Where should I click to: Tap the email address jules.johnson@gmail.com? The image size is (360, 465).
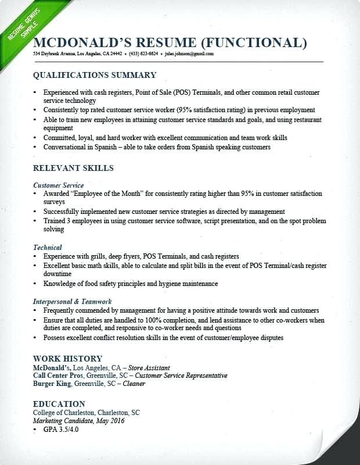(189, 53)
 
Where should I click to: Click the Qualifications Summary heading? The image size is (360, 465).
(95, 75)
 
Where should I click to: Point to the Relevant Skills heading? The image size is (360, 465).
(73, 168)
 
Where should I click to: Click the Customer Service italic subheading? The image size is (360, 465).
(59, 185)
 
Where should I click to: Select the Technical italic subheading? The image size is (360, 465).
(48, 248)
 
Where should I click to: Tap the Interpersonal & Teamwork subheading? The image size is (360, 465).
(73, 302)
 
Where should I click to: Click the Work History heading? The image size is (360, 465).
(68, 359)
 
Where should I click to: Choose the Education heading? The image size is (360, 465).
(59, 404)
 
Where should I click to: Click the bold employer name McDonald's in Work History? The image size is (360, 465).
(52, 367)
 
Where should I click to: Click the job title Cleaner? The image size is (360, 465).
(134, 384)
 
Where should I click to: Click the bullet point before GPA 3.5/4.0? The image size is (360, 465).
(35, 430)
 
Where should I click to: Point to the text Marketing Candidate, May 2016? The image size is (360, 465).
(78, 421)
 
